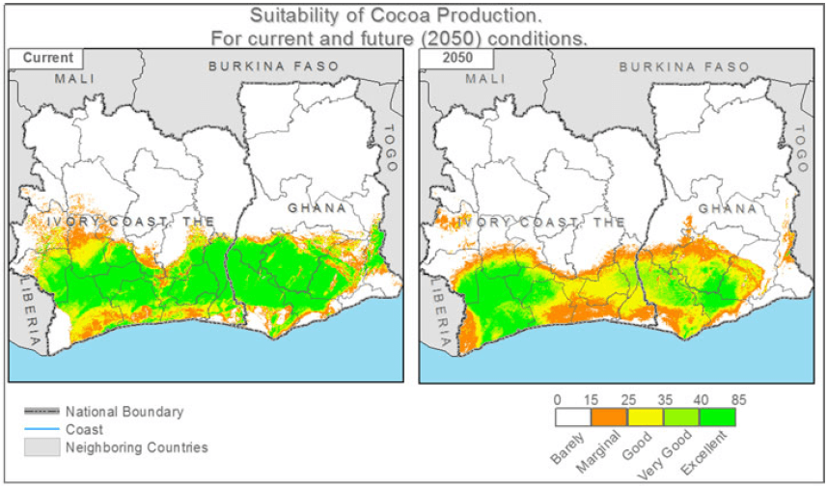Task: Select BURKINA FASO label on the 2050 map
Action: (x=684, y=67)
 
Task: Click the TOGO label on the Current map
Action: (x=391, y=148)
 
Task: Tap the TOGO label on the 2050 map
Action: (x=800, y=148)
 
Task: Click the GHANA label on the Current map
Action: (x=317, y=208)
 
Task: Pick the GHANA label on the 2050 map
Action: (x=727, y=208)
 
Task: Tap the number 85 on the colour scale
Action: (x=738, y=398)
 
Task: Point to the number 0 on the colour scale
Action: (x=558, y=398)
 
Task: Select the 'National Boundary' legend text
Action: (x=124, y=412)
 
